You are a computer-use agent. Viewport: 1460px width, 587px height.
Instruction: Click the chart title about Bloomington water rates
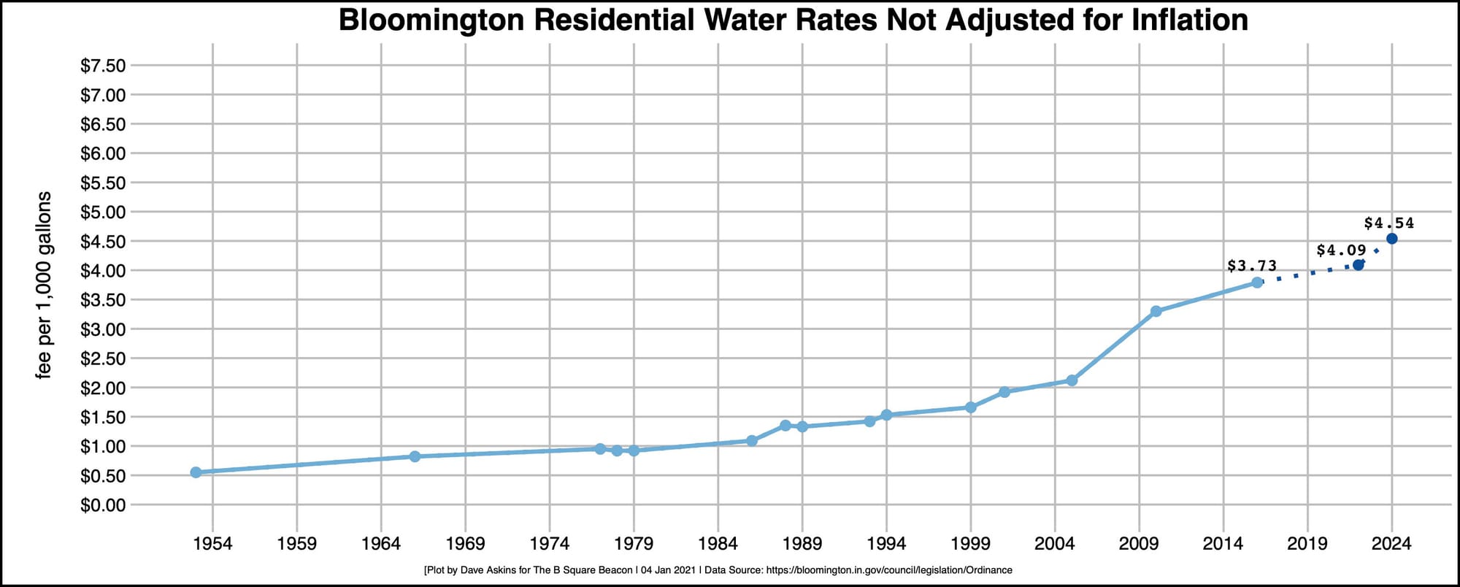coord(793,20)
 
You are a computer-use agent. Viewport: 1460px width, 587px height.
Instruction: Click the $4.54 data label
coord(1388,223)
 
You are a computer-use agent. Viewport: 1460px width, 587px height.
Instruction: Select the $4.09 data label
coord(1341,250)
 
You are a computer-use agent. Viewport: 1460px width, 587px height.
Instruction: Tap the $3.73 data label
coord(1252,266)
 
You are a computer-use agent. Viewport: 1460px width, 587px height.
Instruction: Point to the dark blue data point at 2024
coord(1391,239)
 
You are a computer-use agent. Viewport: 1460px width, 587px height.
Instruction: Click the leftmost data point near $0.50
coord(196,472)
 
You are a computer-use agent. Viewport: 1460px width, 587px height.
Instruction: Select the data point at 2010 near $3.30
coord(1156,311)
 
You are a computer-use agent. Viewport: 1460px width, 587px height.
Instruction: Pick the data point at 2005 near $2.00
coord(1072,380)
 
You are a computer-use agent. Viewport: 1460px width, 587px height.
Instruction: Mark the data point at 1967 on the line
coord(415,456)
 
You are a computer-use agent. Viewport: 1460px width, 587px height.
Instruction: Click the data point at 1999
coord(971,407)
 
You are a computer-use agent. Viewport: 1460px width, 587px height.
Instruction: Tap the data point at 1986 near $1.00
coord(752,440)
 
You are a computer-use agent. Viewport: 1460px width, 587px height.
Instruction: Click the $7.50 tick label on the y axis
coord(103,66)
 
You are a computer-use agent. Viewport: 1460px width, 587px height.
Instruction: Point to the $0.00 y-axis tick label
coord(103,505)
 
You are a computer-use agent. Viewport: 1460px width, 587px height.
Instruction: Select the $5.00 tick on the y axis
coord(103,212)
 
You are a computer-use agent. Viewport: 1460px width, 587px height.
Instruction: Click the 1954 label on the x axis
coord(212,544)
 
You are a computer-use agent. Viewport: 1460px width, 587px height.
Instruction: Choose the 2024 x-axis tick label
coord(1391,544)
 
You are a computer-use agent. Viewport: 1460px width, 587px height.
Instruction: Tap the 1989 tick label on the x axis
coord(802,544)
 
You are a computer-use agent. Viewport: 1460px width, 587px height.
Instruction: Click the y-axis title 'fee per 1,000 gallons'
coord(45,285)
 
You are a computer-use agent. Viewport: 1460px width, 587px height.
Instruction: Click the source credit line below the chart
coord(718,570)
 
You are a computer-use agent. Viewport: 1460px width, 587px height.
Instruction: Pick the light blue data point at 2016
coord(1257,282)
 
